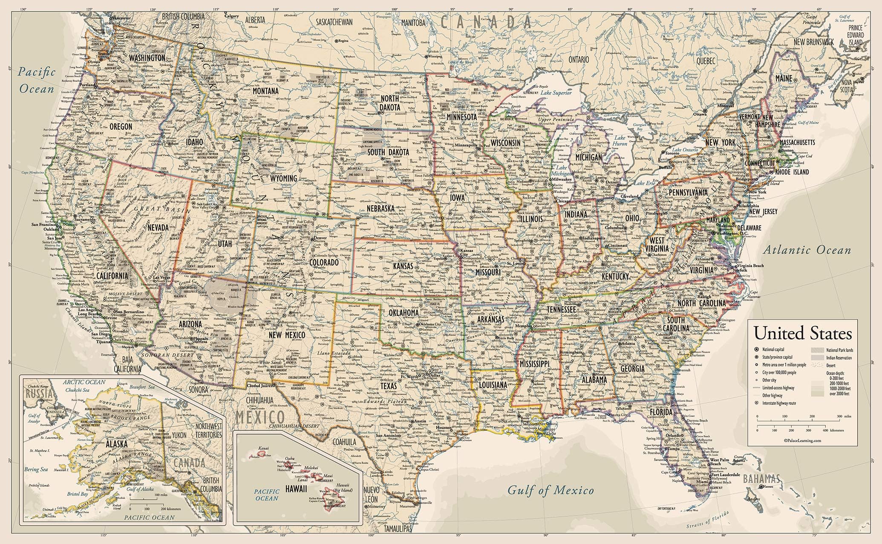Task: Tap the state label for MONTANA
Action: (265, 91)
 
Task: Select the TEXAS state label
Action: (389, 386)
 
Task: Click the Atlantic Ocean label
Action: (807, 250)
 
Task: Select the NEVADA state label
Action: (158, 227)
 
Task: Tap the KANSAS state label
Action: (403, 266)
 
